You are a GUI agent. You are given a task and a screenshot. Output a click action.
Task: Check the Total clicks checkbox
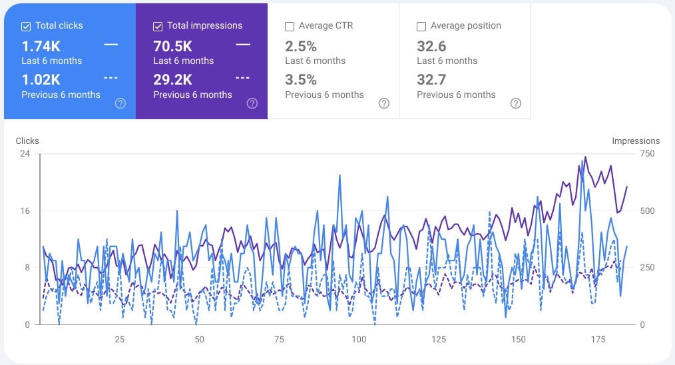pos(26,26)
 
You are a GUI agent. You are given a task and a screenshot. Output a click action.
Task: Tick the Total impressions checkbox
pos(158,26)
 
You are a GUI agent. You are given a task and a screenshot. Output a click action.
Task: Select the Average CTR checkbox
pos(290,26)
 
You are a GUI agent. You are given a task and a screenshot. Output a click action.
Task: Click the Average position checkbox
pos(421,26)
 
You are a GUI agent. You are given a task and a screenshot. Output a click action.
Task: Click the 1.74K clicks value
pos(41,46)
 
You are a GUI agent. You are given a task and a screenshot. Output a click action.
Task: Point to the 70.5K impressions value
pos(172,46)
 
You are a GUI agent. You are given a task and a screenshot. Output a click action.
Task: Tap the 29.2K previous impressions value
pos(172,80)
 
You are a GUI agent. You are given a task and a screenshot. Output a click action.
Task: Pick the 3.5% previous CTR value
pos(301,80)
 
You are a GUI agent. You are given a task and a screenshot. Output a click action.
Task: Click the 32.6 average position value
pos(431,46)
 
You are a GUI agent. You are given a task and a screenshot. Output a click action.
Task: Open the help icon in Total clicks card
pos(120,103)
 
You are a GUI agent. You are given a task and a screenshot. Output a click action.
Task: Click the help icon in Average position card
pos(516,103)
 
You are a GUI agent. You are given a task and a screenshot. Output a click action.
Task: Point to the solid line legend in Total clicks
pos(111,45)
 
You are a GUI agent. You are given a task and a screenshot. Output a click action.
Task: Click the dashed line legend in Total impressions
pos(243,78)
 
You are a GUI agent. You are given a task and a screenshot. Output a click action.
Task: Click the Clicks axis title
pos(27,141)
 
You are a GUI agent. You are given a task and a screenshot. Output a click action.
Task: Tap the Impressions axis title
pos(636,141)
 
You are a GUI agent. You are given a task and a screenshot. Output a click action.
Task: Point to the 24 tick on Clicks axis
pos(25,154)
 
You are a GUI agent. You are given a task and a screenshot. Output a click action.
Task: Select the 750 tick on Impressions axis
pos(647,154)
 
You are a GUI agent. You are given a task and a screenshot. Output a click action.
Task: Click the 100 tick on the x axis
pos(359,340)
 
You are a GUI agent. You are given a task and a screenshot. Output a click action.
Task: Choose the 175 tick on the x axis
pos(598,340)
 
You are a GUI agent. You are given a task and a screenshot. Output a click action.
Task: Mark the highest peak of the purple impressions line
pos(585,157)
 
